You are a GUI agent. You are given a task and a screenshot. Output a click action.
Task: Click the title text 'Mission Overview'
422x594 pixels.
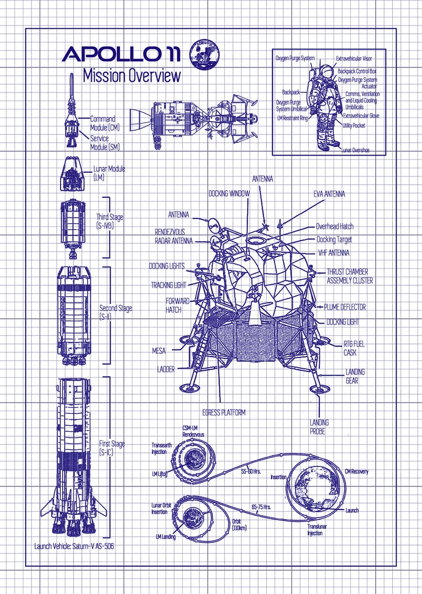(132, 76)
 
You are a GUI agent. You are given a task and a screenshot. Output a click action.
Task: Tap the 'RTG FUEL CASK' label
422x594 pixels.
(354, 348)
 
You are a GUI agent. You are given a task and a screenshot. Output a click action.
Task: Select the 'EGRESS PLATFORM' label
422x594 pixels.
(224, 412)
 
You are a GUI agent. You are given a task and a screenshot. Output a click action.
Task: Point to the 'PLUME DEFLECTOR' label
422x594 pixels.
(345, 307)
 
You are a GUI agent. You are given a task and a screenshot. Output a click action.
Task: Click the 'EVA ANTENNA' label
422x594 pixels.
(328, 194)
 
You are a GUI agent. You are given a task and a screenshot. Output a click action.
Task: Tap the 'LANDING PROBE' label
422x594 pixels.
(319, 427)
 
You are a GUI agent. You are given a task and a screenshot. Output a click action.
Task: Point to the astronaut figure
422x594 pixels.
(325, 106)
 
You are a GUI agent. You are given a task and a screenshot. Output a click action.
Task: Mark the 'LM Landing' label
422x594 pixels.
(165, 537)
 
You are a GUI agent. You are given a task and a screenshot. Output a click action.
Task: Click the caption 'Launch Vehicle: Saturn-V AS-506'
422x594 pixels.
(74, 546)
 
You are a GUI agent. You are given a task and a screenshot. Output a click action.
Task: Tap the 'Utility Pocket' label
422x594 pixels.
(354, 125)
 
